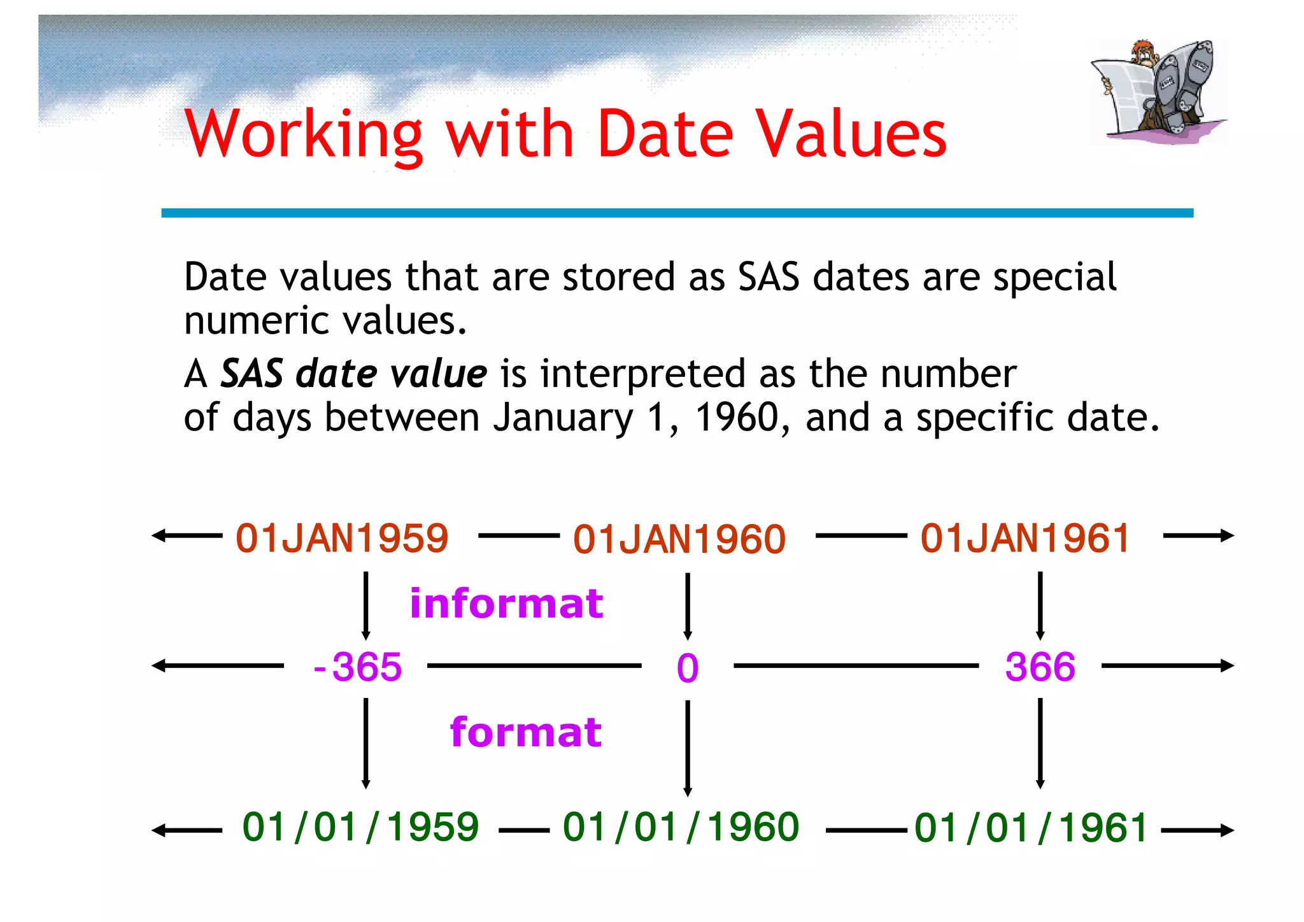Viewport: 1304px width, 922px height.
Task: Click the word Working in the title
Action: tap(304, 135)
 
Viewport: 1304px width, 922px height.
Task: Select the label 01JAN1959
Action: tap(342, 538)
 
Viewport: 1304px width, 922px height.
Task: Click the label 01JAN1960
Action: tap(679, 540)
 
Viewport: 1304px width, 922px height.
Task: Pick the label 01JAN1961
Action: tap(1025, 538)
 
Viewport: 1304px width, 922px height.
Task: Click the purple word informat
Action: tap(506, 604)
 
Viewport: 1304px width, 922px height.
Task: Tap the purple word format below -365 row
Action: tap(525, 732)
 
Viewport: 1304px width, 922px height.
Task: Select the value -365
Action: tap(358, 667)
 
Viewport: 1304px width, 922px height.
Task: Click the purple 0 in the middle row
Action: tap(688, 669)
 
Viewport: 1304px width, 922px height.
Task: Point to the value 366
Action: tap(1040, 667)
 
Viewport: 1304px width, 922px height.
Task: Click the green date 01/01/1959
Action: tap(360, 827)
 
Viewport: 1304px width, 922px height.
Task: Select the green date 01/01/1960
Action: tap(681, 827)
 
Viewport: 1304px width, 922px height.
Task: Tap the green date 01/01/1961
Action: tap(1031, 828)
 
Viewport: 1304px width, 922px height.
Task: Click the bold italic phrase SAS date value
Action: tap(353, 374)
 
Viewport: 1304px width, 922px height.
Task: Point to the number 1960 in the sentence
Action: tap(737, 418)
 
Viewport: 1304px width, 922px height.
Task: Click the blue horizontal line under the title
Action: tap(677, 213)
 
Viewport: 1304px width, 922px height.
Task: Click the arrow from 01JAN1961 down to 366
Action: tap(1040, 605)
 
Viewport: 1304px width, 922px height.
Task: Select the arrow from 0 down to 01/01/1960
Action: tap(688, 748)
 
